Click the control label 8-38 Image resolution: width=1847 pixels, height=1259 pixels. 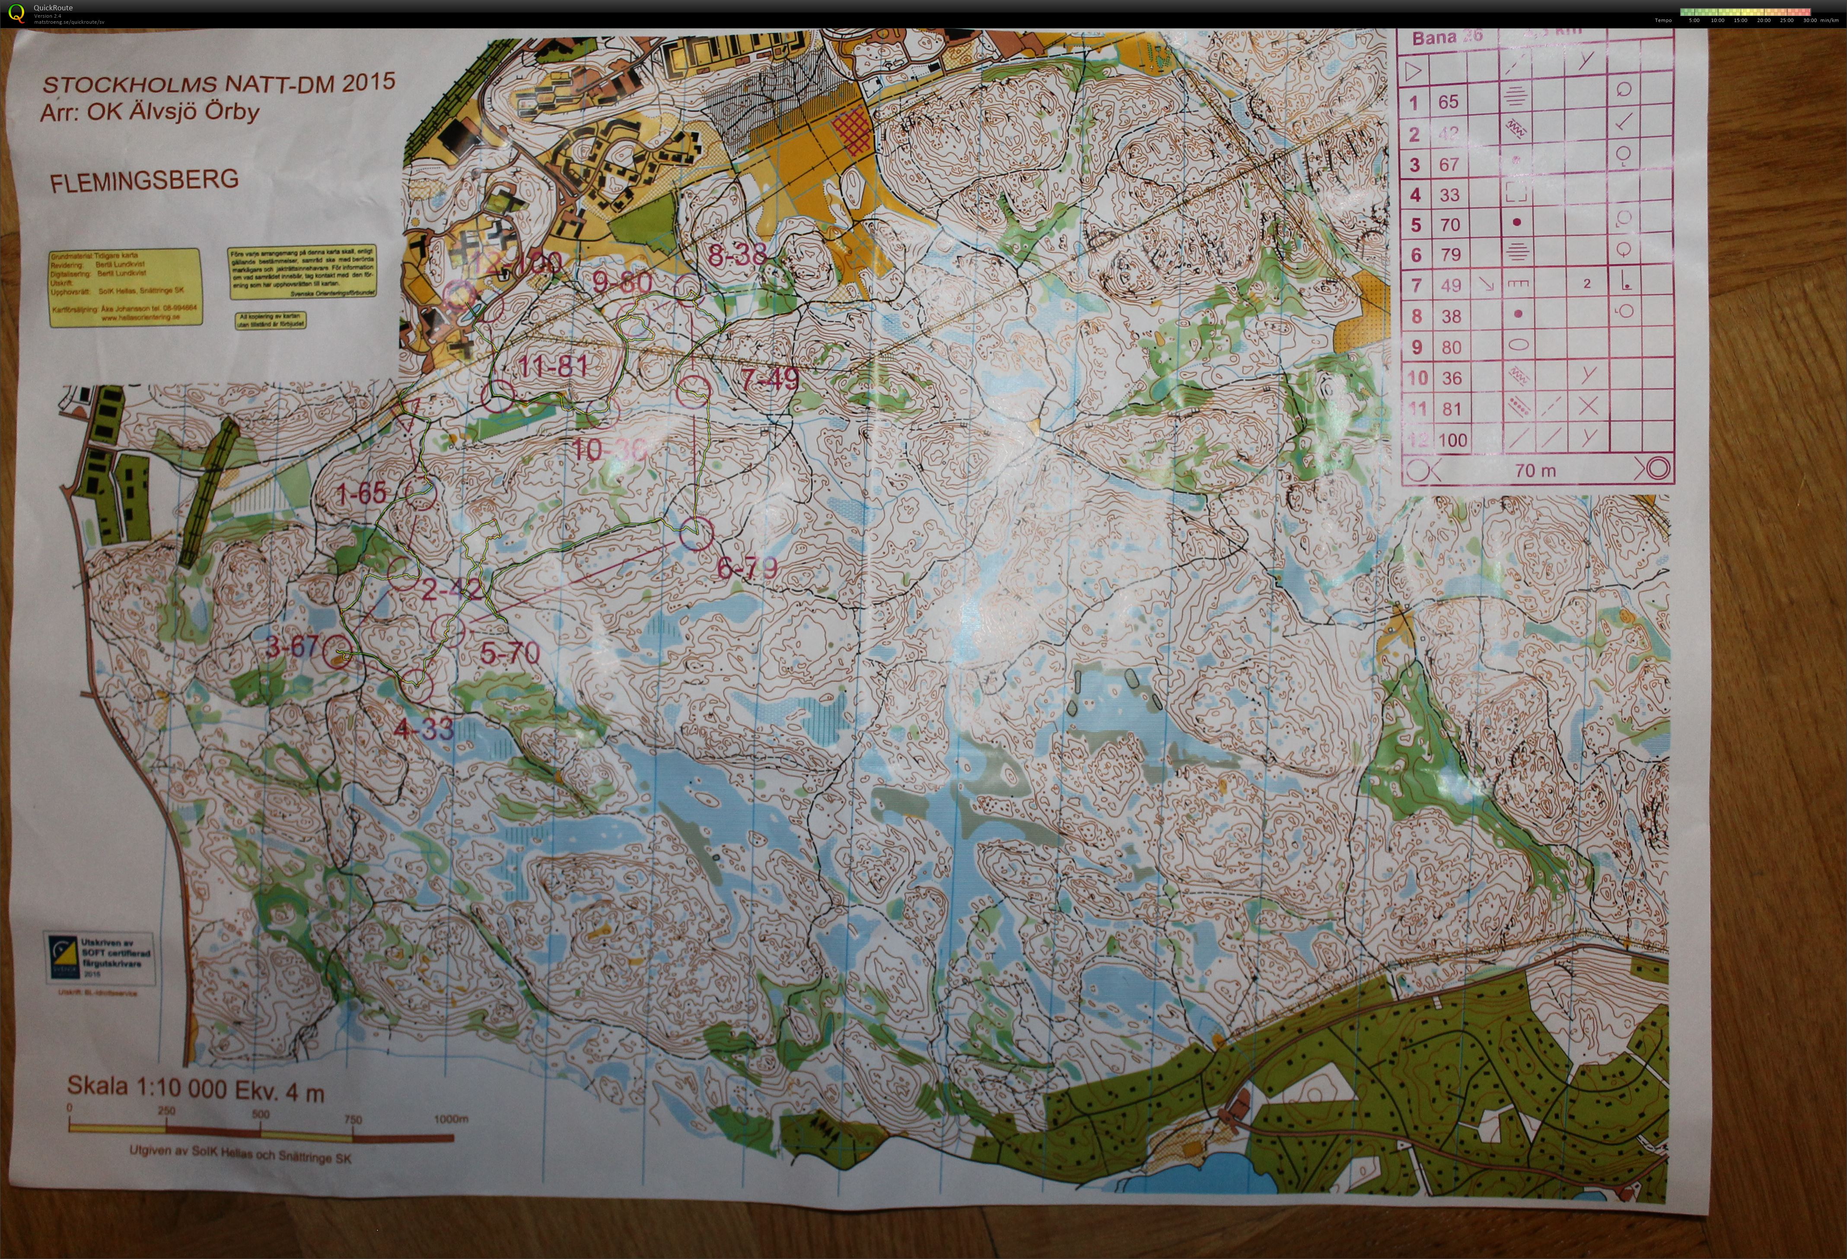[738, 255]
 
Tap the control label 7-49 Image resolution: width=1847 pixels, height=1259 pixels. [770, 379]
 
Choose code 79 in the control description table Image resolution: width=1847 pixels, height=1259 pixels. [1450, 255]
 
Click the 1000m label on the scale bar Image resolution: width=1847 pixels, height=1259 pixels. [451, 1119]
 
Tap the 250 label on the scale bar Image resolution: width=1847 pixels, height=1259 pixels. [166, 1110]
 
